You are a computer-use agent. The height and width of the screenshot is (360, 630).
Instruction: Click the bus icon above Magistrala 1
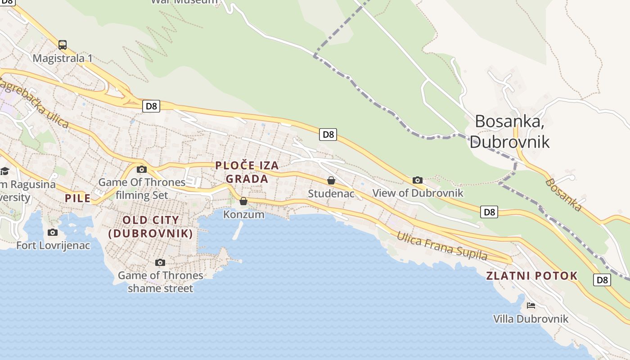pyautogui.click(x=63, y=45)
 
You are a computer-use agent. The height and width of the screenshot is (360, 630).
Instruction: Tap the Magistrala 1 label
pyautogui.click(x=63, y=58)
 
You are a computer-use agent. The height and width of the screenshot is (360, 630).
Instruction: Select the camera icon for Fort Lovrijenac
pyautogui.click(x=53, y=232)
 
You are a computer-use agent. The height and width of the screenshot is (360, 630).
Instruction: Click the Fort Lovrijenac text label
pyautogui.click(x=53, y=246)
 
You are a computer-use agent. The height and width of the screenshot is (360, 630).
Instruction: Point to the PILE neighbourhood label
pyautogui.click(x=77, y=198)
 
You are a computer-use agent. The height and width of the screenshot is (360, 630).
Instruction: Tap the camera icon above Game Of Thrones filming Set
pyautogui.click(x=142, y=170)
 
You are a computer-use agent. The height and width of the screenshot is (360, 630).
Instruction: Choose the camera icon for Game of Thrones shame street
pyautogui.click(x=160, y=262)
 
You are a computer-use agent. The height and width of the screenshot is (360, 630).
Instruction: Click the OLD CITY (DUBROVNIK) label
pyautogui.click(x=151, y=227)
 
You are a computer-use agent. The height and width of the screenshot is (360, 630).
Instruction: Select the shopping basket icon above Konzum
pyautogui.click(x=243, y=201)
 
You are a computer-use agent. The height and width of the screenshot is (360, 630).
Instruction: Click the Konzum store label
pyautogui.click(x=244, y=215)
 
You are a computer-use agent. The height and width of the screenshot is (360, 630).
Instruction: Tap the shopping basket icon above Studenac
pyautogui.click(x=331, y=180)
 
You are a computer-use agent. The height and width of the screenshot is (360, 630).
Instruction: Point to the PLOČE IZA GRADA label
pyautogui.click(x=247, y=172)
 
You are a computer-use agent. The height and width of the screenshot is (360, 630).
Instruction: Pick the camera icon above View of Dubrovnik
pyautogui.click(x=417, y=180)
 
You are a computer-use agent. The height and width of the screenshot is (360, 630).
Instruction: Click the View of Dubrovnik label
pyautogui.click(x=418, y=193)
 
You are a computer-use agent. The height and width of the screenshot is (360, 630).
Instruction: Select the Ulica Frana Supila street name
pyautogui.click(x=441, y=246)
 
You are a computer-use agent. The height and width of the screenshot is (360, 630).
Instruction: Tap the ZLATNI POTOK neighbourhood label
pyautogui.click(x=532, y=276)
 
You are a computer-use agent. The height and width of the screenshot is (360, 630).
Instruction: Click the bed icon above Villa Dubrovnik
pyautogui.click(x=531, y=306)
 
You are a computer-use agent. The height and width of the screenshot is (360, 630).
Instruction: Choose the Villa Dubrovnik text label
pyautogui.click(x=531, y=319)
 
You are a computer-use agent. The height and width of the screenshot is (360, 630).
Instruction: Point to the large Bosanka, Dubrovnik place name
pyautogui.click(x=509, y=131)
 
